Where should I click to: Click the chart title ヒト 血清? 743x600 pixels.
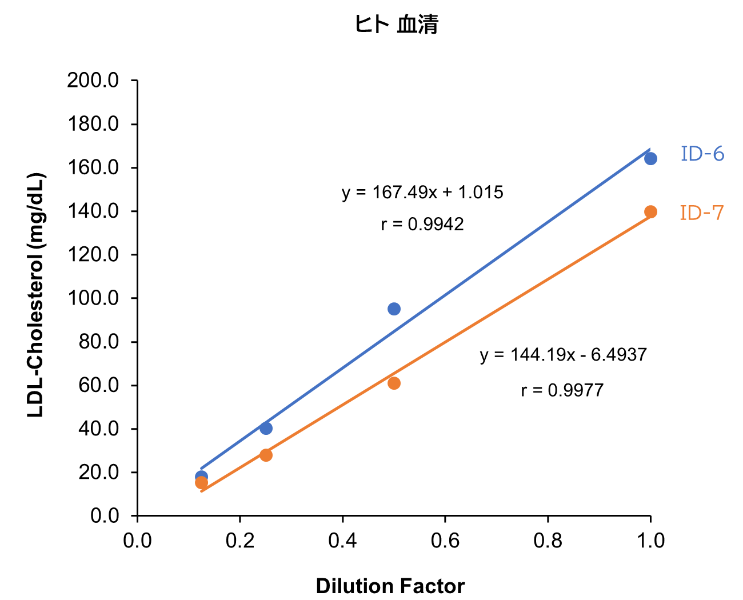[x=396, y=25]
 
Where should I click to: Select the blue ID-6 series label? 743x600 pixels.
[x=702, y=154]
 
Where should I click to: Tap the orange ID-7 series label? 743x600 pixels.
[x=702, y=213]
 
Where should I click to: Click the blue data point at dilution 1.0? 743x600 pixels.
[x=650, y=158]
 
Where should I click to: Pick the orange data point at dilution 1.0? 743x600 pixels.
[x=650, y=212]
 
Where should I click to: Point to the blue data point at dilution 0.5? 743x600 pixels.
[x=394, y=309]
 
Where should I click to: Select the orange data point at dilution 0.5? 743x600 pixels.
[x=394, y=383]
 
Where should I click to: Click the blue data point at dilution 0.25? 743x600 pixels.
[x=266, y=428]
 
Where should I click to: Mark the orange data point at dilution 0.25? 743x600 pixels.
[x=266, y=455]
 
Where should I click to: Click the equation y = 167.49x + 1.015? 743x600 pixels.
[x=422, y=192]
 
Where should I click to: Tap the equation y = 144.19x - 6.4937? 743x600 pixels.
[x=563, y=355]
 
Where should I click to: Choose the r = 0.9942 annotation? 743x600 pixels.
[x=422, y=225]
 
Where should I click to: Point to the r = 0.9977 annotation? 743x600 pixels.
[x=562, y=390]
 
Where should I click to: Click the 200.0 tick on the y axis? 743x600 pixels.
[x=93, y=81]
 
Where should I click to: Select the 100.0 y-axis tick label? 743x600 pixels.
[x=93, y=298]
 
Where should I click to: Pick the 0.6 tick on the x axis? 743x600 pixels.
[x=445, y=541]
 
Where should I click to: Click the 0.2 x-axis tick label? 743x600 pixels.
[x=240, y=541]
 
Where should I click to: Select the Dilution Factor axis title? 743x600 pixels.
[x=390, y=586]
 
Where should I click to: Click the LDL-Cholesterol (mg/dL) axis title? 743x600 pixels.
[x=36, y=295]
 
